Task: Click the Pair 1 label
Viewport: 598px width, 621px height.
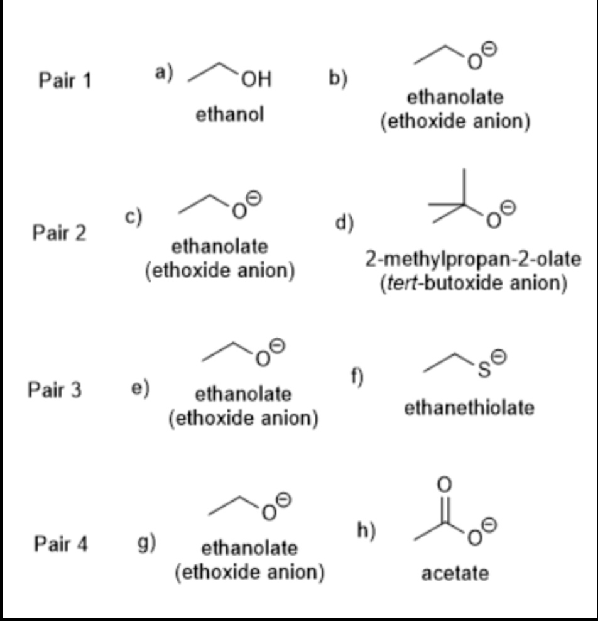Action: (x=65, y=81)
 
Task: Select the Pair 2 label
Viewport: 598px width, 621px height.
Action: (x=60, y=233)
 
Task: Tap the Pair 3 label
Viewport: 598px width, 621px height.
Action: (x=55, y=390)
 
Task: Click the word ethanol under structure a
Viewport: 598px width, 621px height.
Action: (x=230, y=114)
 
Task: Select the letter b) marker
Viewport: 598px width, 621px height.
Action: (x=339, y=80)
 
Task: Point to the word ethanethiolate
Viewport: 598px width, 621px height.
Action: (x=469, y=408)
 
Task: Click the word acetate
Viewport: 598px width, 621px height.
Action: (x=455, y=573)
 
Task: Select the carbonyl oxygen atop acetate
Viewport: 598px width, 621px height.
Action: (x=444, y=483)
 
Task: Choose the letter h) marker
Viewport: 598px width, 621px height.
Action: (x=367, y=532)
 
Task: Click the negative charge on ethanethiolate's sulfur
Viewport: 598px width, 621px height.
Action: (x=498, y=357)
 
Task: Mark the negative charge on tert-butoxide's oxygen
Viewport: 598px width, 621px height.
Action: (x=511, y=206)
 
